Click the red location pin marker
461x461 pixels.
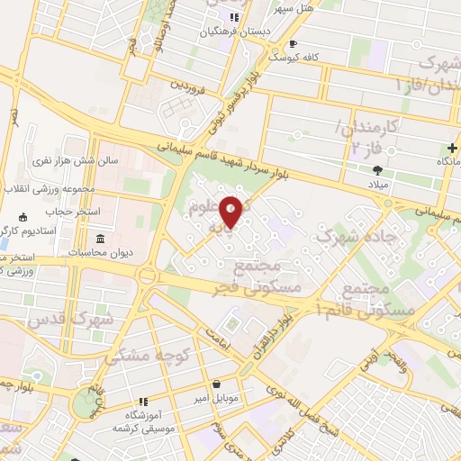pyautogui.click(x=232, y=212)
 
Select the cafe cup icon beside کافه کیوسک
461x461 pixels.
pyautogui.click(x=292, y=43)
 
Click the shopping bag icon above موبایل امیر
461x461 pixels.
pyautogui.click(x=216, y=383)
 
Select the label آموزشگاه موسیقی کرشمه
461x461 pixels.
pyautogui.click(x=142, y=416)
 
